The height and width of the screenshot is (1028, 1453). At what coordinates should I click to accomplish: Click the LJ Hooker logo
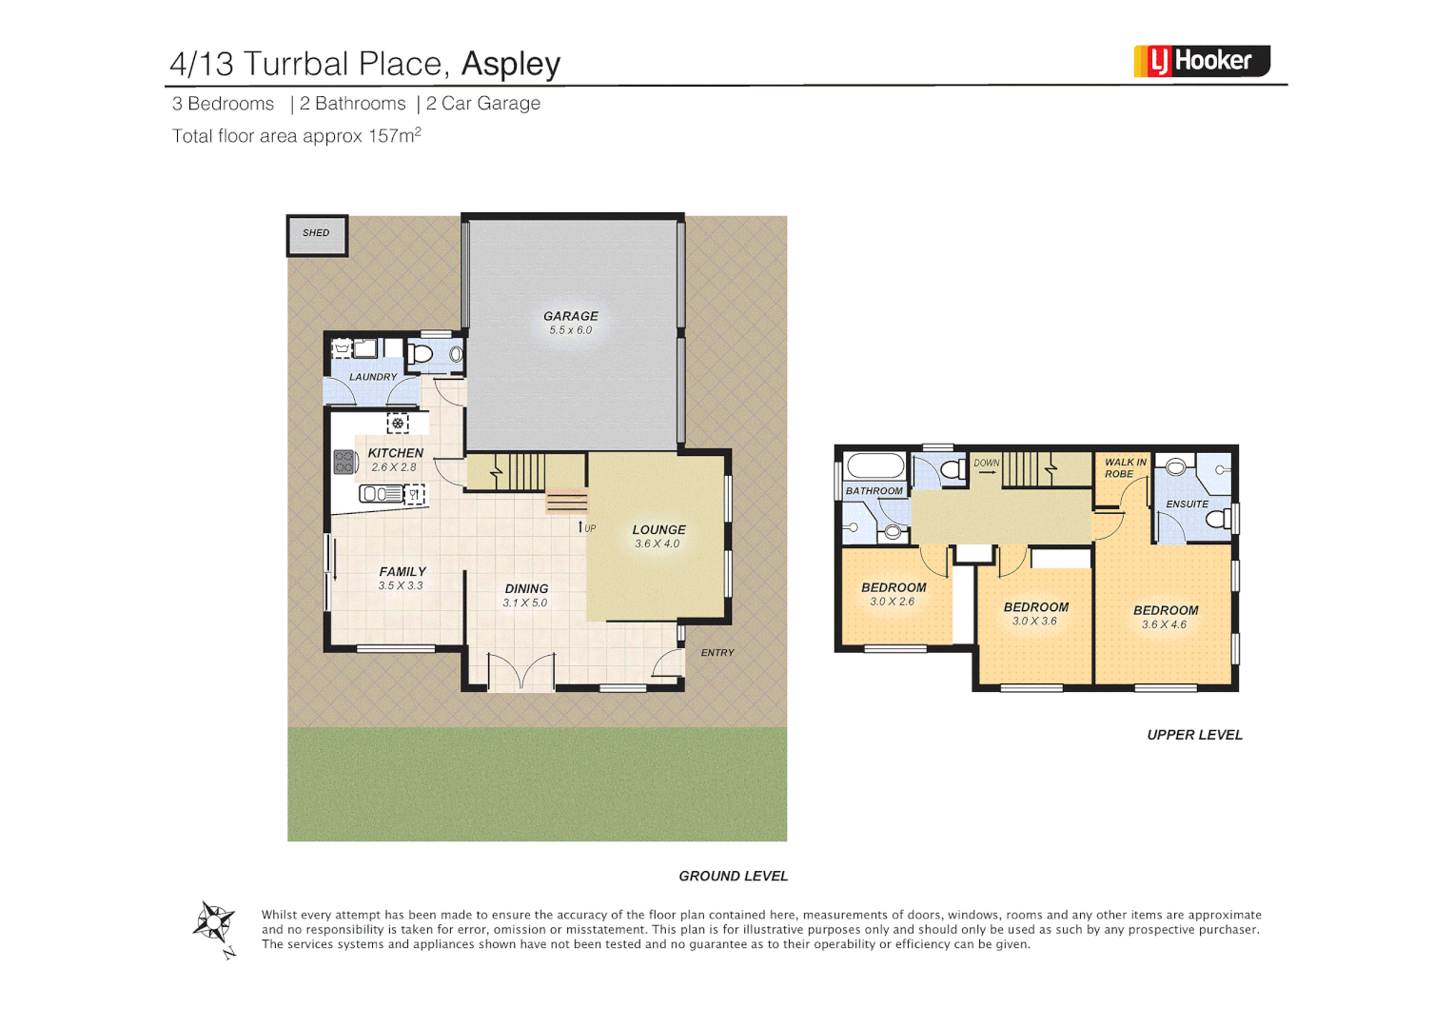[x=1201, y=61]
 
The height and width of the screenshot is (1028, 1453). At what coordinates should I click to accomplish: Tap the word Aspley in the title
[x=510, y=64]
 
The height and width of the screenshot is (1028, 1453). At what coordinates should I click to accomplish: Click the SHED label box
[x=317, y=234]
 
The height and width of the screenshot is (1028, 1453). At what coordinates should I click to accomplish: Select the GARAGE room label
[x=571, y=316]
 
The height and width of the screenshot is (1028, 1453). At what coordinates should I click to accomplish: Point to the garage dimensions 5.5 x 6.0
[x=571, y=330]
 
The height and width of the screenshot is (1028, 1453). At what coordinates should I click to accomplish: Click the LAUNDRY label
[x=373, y=377]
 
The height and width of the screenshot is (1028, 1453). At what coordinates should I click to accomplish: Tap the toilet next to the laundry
[x=420, y=354]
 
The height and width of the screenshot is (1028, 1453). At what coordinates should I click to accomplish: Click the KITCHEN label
[x=396, y=453]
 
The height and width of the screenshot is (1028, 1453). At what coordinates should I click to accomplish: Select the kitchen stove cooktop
[x=344, y=463]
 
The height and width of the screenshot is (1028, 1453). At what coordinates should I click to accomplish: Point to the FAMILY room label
[x=403, y=571]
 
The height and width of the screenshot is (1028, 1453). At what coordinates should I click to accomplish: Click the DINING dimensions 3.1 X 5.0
[x=525, y=603]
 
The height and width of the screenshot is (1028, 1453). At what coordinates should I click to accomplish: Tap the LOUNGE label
[x=658, y=530]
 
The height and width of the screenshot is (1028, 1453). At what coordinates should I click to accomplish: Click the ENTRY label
[x=717, y=653]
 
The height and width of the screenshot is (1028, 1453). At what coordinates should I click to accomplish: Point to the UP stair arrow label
[x=587, y=527]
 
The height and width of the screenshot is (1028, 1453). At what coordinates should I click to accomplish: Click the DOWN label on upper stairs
[x=987, y=464]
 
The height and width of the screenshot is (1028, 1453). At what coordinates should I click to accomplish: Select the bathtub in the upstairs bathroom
[x=874, y=465]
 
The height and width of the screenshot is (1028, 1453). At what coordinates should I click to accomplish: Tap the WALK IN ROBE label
[x=1125, y=468]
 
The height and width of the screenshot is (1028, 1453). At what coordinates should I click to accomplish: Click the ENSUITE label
[x=1187, y=504]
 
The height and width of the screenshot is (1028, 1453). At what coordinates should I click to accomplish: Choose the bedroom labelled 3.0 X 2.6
[x=893, y=594]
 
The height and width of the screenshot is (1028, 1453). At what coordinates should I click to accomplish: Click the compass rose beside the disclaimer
[x=214, y=922]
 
